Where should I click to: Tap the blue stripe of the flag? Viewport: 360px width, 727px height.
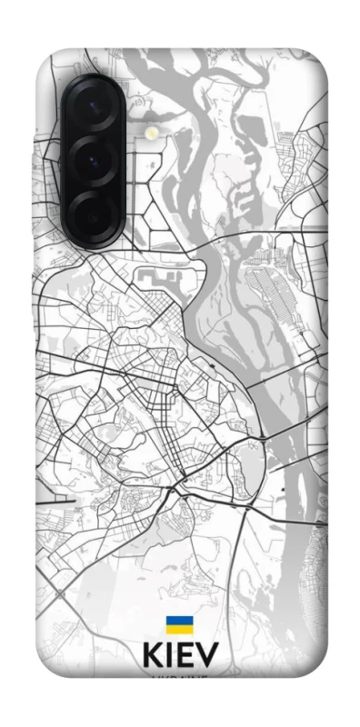pos(178,621)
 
